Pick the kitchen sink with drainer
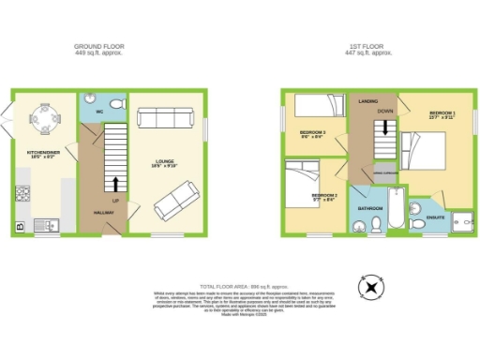click(46, 225)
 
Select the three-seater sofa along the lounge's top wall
click(161, 117)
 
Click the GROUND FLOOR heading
click(99, 46)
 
